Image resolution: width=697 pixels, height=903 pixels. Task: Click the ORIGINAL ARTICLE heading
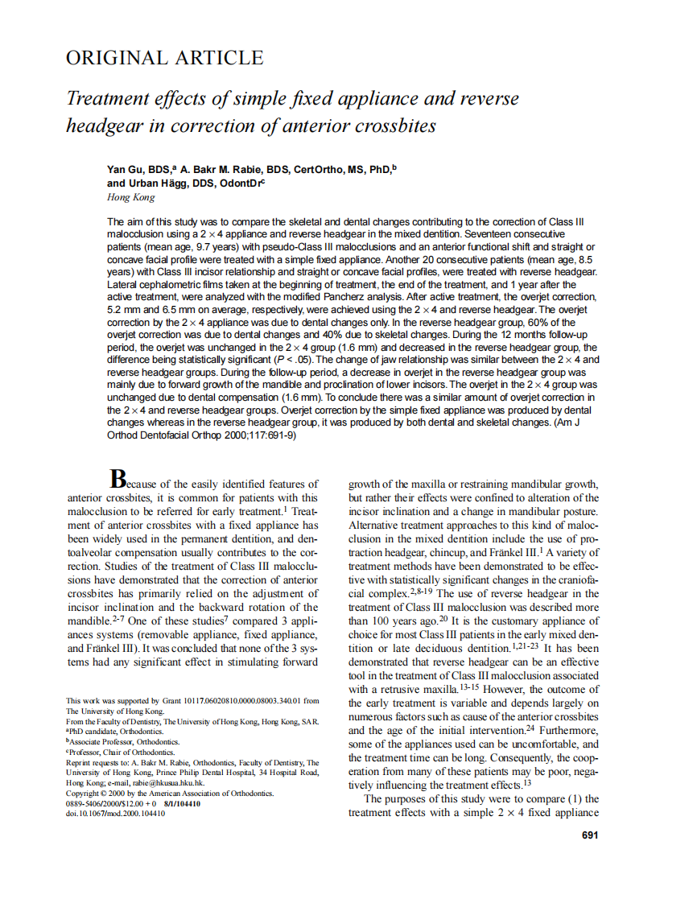(164, 58)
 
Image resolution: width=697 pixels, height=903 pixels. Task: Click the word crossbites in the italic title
(396, 126)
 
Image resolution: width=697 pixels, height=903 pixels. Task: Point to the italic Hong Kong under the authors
(130, 196)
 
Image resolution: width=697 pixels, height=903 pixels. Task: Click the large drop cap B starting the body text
(118, 479)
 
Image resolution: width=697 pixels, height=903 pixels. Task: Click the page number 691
(589, 835)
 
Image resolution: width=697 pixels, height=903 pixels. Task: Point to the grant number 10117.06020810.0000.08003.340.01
(227, 701)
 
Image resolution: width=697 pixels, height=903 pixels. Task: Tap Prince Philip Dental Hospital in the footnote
(198, 773)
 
